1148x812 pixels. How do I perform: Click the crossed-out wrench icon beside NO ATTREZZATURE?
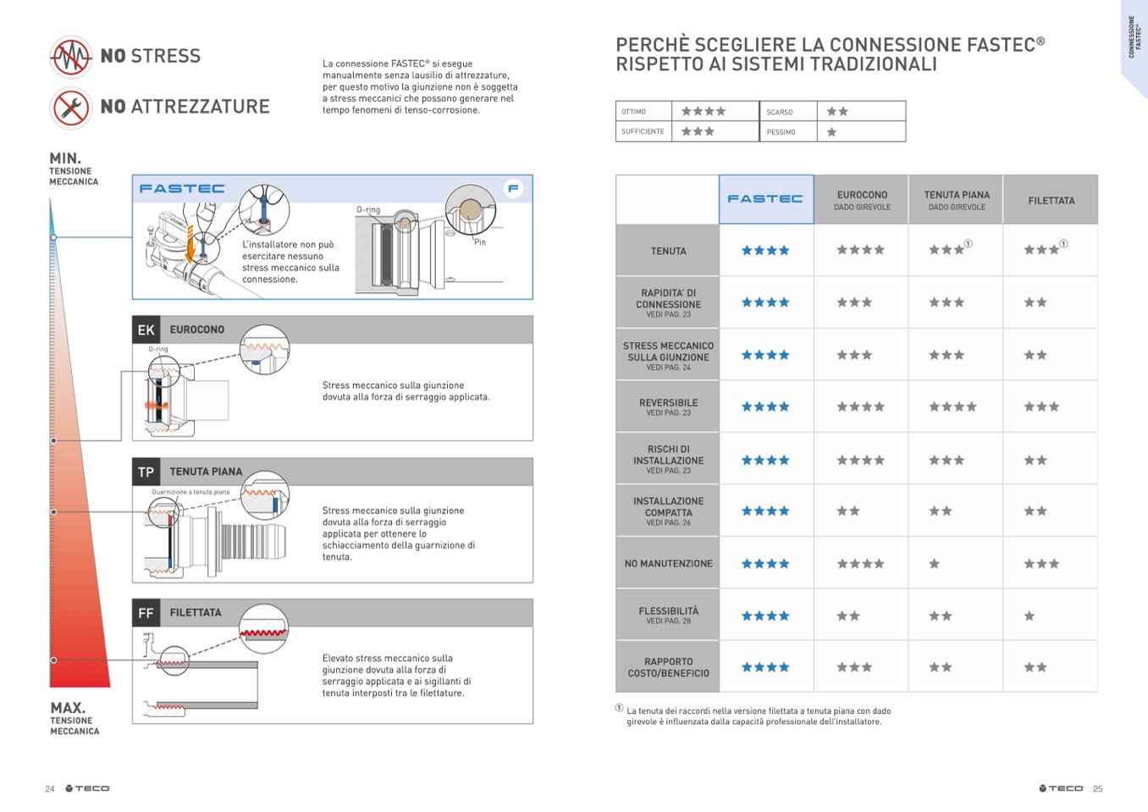point(71,108)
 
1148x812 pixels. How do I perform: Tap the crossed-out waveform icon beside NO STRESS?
point(71,57)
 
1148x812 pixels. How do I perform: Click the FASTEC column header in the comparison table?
point(765,199)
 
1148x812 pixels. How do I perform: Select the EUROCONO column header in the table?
point(862,200)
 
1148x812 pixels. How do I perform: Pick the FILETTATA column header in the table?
point(1051,201)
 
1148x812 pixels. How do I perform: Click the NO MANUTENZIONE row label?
point(668,563)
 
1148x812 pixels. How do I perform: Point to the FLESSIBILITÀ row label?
point(668,614)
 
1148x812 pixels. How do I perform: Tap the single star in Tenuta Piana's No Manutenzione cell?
point(934,564)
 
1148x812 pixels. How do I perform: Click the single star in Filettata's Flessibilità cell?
point(1029,616)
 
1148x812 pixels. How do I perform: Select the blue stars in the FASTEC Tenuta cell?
point(765,251)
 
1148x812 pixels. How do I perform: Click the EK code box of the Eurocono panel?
point(146,329)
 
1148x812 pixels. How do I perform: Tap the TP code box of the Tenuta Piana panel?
point(146,472)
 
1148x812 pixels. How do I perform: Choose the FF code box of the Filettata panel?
point(146,613)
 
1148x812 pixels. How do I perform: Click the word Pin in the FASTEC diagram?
point(479,242)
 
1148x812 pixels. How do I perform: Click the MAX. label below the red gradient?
point(67,708)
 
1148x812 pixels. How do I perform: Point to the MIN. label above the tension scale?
point(65,158)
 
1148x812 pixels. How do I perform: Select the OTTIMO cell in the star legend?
point(643,112)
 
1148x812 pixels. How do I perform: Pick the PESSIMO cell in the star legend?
point(787,132)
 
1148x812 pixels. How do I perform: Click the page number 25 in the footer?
point(1098,789)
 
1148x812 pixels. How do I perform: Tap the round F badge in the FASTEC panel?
point(513,188)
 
